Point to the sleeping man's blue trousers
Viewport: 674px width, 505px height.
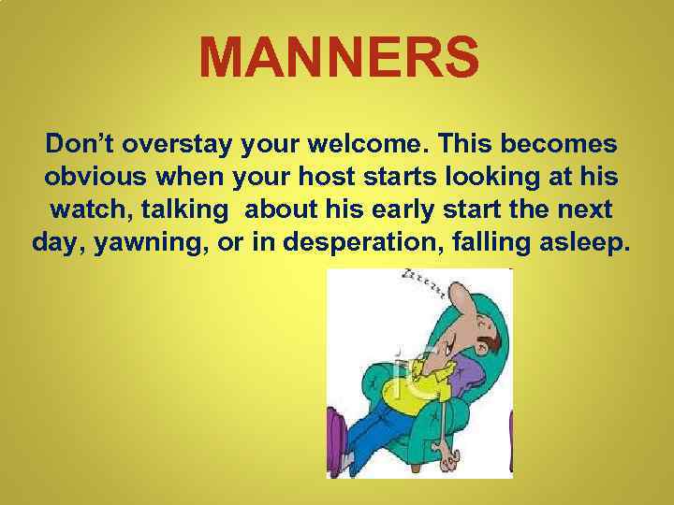point(374,440)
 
